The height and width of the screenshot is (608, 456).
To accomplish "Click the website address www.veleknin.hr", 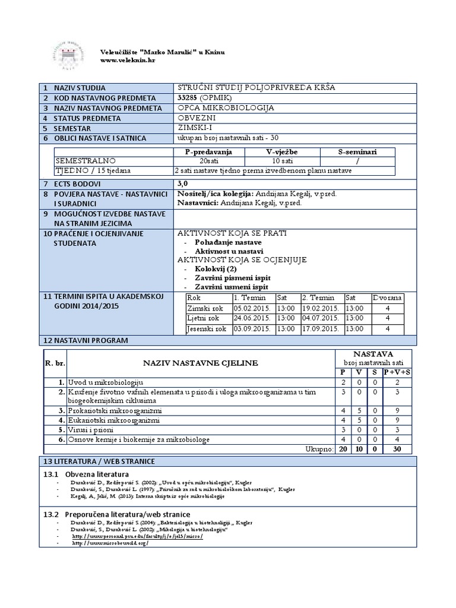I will click(128, 60).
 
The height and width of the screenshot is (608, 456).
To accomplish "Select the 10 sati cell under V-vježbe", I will click(278, 161).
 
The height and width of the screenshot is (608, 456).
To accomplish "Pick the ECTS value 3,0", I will click(183, 184).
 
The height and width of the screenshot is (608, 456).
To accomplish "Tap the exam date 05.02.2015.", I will click(252, 308).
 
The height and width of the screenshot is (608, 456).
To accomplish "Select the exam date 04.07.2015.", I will click(321, 318).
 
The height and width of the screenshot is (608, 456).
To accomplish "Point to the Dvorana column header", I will click(387, 298).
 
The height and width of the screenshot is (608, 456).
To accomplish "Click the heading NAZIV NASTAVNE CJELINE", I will click(199, 363).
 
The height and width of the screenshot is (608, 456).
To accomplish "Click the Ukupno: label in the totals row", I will click(318, 449).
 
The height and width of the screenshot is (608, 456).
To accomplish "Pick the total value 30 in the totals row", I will click(397, 449).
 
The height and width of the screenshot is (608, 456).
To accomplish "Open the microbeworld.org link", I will click(109, 543).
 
